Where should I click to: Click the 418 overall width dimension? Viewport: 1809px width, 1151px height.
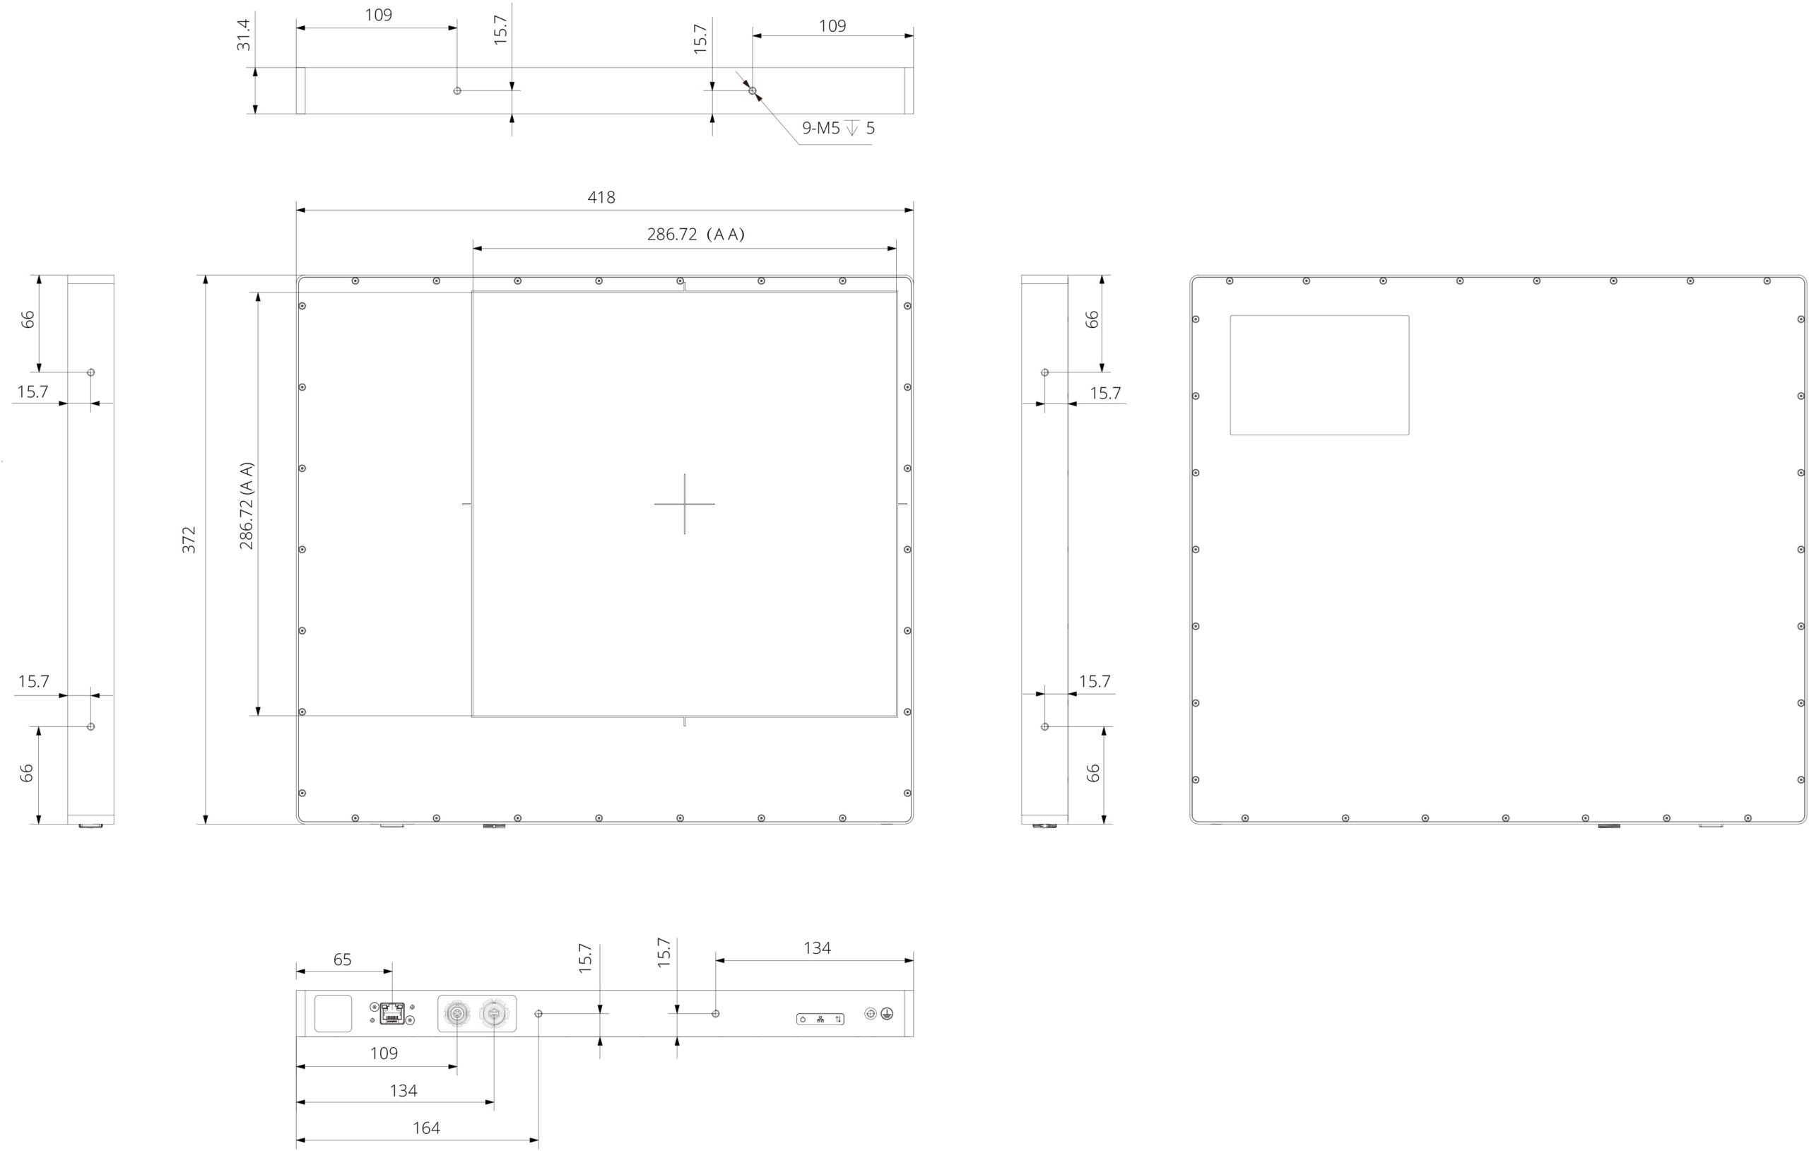(601, 198)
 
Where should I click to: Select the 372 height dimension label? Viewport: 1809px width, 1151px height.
(189, 541)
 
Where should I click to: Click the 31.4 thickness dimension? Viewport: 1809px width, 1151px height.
(242, 35)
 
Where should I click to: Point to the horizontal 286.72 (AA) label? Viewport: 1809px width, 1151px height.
(695, 235)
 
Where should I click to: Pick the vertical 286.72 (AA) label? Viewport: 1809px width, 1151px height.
(247, 506)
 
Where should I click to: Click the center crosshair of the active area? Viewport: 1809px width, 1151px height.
(685, 504)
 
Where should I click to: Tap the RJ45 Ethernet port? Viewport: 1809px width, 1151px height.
(392, 1013)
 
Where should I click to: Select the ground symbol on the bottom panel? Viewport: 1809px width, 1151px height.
(888, 1013)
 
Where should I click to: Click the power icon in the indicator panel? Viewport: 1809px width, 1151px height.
(803, 1020)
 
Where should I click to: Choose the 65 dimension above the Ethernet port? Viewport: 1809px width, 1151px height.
(342, 960)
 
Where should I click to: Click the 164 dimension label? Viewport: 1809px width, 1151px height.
(426, 1128)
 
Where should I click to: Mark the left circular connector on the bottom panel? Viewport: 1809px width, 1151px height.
(456, 1014)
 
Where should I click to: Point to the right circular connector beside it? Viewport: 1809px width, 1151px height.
(493, 1014)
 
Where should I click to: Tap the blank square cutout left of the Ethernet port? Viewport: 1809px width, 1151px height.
(333, 1013)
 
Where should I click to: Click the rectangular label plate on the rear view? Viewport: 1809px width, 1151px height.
(1319, 375)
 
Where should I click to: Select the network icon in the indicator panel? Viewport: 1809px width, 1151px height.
(820, 1020)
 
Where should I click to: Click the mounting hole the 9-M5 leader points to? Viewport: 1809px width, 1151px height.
(753, 91)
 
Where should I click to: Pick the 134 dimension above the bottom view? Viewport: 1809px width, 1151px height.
(817, 948)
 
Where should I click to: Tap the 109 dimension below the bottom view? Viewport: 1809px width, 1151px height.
(384, 1053)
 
